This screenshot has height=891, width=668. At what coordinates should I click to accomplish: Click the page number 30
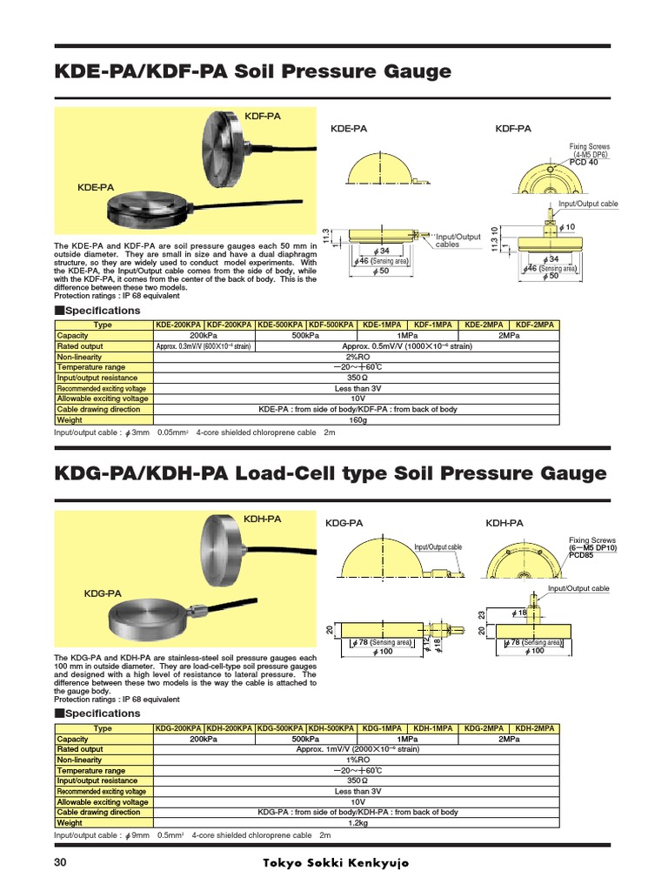[x=60, y=863]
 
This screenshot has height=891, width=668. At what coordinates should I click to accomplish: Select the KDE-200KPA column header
[x=178, y=325]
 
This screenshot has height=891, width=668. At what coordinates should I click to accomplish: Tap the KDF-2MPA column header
[x=535, y=325]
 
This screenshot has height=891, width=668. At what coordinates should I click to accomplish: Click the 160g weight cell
[x=356, y=419]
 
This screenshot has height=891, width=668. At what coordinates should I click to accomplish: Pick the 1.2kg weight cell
[x=356, y=822]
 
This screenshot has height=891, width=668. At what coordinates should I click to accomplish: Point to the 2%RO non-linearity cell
[x=356, y=357]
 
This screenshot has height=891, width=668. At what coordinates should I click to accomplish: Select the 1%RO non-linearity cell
[x=356, y=760]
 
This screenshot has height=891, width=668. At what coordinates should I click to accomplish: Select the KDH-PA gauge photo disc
[x=236, y=551]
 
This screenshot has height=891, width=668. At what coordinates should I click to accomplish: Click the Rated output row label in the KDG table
[x=80, y=749]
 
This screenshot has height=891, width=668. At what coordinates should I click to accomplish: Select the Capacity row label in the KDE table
[x=73, y=336]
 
